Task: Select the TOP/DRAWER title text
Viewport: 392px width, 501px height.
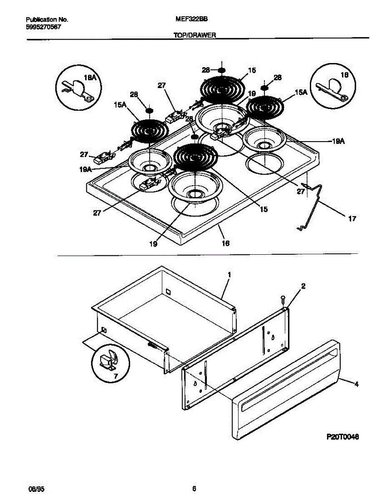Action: pos(194,36)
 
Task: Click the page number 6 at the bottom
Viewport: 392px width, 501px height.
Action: pos(194,488)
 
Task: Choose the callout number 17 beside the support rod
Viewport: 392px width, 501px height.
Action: pos(352,219)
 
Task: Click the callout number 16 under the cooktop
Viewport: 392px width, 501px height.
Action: pos(225,243)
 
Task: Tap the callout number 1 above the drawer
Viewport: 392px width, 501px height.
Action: pos(229,275)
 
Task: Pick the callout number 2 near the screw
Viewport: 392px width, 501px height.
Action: pos(303,286)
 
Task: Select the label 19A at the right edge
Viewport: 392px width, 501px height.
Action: pos(338,142)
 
